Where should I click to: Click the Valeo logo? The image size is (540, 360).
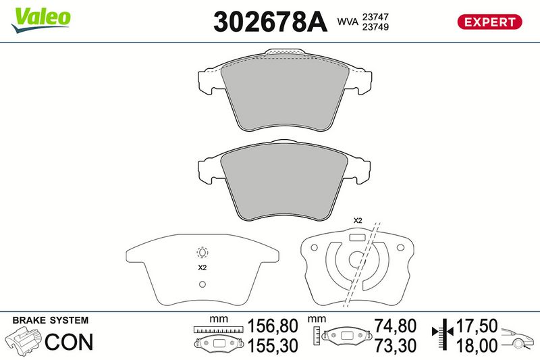coord(40,20)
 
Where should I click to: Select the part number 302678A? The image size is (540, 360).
coord(270,22)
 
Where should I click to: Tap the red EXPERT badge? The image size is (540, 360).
coord(489,22)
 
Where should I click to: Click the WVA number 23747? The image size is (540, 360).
coord(375,16)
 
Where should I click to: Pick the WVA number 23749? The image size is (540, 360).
coord(375,27)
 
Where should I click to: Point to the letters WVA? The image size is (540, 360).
coord(348,22)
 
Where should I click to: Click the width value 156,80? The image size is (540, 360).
coord(273,326)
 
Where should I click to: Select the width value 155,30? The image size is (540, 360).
coord(273,346)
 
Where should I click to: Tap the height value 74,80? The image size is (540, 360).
coord(396,326)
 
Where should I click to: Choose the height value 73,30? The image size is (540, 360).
coord(396,346)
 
